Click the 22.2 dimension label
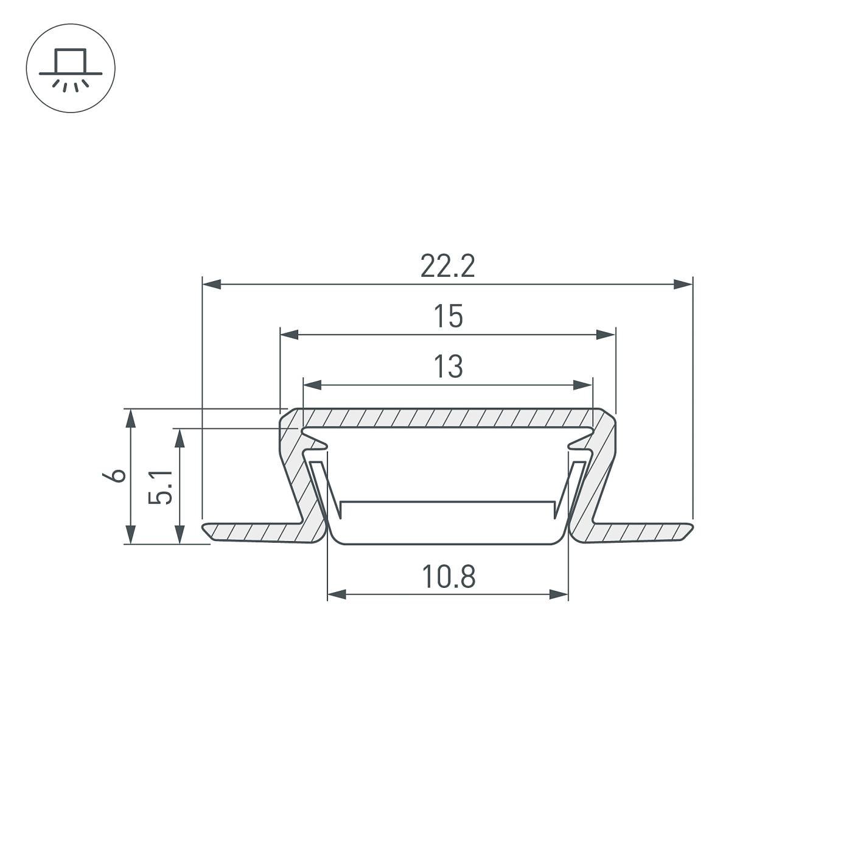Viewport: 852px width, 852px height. pyautogui.click(x=447, y=266)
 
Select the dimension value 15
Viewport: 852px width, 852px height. pyautogui.click(x=448, y=316)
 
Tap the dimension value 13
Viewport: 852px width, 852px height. pyautogui.click(x=448, y=366)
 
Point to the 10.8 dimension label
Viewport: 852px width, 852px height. pyautogui.click(x=449, y=576)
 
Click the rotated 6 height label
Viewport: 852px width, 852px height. pyautogui.click(x=114, y=475)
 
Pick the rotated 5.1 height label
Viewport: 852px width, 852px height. pyautogui.click(x=160, y=487)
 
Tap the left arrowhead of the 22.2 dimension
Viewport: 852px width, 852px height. pyautogui.click(x=211, y=284)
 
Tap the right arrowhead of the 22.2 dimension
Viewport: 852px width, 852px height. pyautogui.click(x=683, y=284)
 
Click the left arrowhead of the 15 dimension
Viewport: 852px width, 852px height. pyautogui.click(x=290, y=335)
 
